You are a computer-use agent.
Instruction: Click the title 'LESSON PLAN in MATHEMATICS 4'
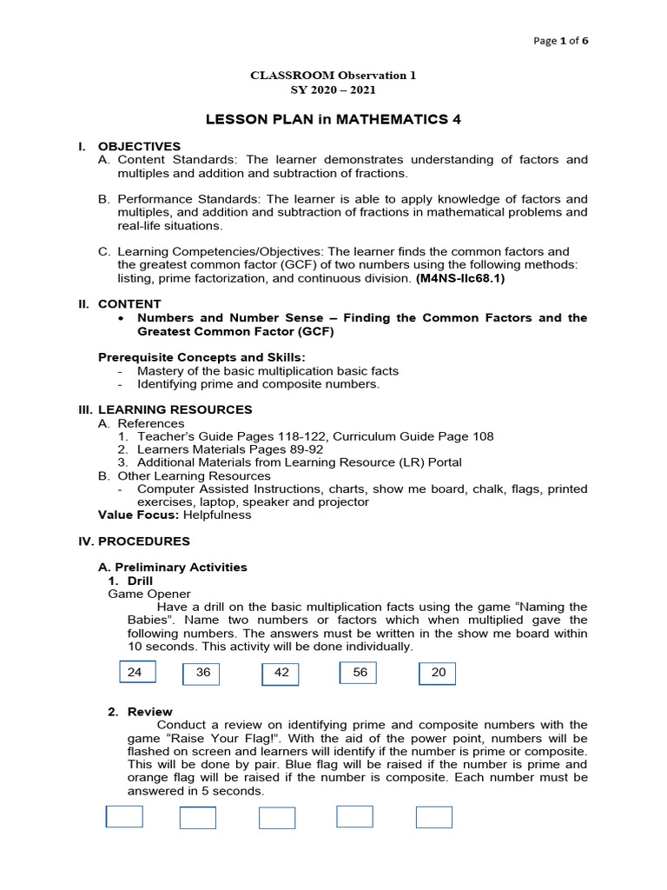point(333,120)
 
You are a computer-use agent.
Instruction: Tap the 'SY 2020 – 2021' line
point(333,90)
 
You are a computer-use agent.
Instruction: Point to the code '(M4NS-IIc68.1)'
point(459,278)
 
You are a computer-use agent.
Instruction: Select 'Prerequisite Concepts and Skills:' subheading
point(201,357)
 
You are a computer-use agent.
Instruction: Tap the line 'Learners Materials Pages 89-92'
point(229,449)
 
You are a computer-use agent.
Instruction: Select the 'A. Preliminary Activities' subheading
point(172,567)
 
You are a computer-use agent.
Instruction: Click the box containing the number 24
point(136,672)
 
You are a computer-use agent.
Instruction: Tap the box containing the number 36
point(201,674)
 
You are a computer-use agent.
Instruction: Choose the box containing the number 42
point(280,674)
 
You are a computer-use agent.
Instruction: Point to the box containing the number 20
point(437,673)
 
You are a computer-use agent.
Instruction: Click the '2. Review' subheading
point(140,711)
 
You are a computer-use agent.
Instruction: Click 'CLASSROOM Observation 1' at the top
point(333,75)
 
